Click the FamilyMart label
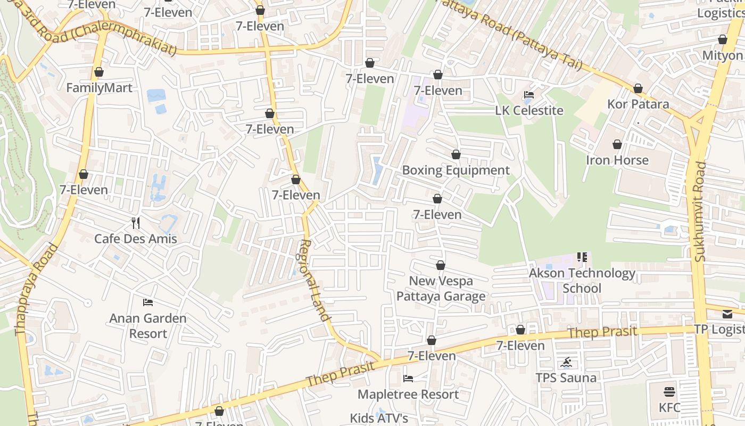pyautogui.click(x=99, y=88)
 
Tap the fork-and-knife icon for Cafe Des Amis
pyautogui.click(x=136, y=223)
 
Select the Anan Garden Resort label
pyautogui.click(x=148, y=326)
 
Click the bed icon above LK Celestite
pyautogui.click(x=529, y=95)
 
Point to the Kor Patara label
pyautogui.click(x=638, y=104)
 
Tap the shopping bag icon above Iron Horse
pyautogui.click(x=617, y=144)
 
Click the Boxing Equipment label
pyautogui.click(x=456, y=170)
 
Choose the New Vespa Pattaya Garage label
pyautogui.click(x=441, y=289)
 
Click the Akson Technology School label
pyautogui.click(x=582, y=281)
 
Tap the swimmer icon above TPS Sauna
pyautogui.click(x=566, y=363)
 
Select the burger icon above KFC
pyautogui.click(x=669, y=392)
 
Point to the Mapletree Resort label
pyautogui.click(x=408, y=395)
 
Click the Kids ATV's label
pyautogui.click(x=379, y=418)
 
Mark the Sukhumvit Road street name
pyautogui.click(x=700, y=211)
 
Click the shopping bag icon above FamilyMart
pyautogui.click(x=99, y=72)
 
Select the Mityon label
pyautogui.click(x=722, y=55)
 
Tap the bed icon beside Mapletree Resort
pyautogui.click(x=408, y=379)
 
